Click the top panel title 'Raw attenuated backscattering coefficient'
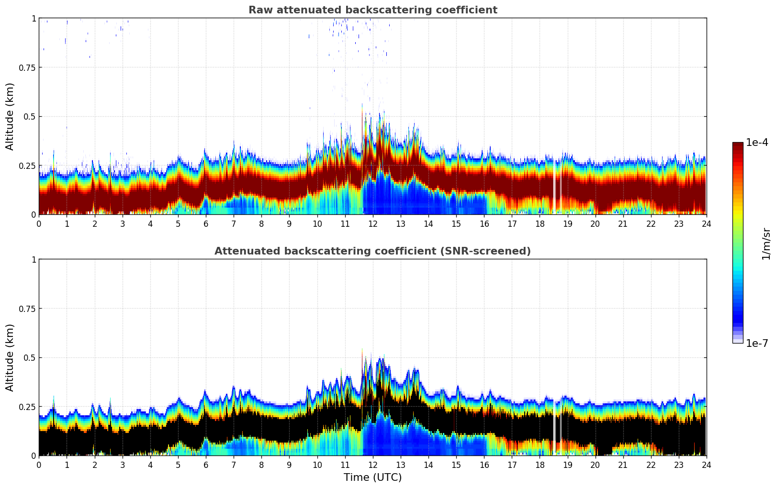pyautogui.click(x=372, y=10)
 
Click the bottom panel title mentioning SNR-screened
pyautogui.click(x=372, y=251)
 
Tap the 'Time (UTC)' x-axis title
pyautogui.click(x=372, y=477)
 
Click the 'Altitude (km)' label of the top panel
pyautogui.click(x=10, y=116)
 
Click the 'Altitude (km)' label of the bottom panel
pyautogui.click(x=10, y=357)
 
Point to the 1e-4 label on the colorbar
pyautogui.click(x=756, y=143)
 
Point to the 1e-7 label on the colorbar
pyautogui.click(x=756, y=343)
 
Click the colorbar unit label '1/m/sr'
pyautogui.click(x=766, y=244)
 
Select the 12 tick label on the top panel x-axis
pyautogui.click(x=373, y=223)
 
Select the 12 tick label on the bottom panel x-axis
pyautogui.click(x=373, y=465)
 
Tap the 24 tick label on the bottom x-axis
pyautogui.click(x=706, y=465)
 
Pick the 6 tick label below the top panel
pyautogui.click(x=206, y=223)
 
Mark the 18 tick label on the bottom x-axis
pyautogui.click(x=540, y=465)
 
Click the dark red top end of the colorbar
pyautogui.click(x=738, y=145)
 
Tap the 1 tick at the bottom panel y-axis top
pyautogui.click(x=34, y=259)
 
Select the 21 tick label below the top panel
pyautogui.click(x=623, y=223)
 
